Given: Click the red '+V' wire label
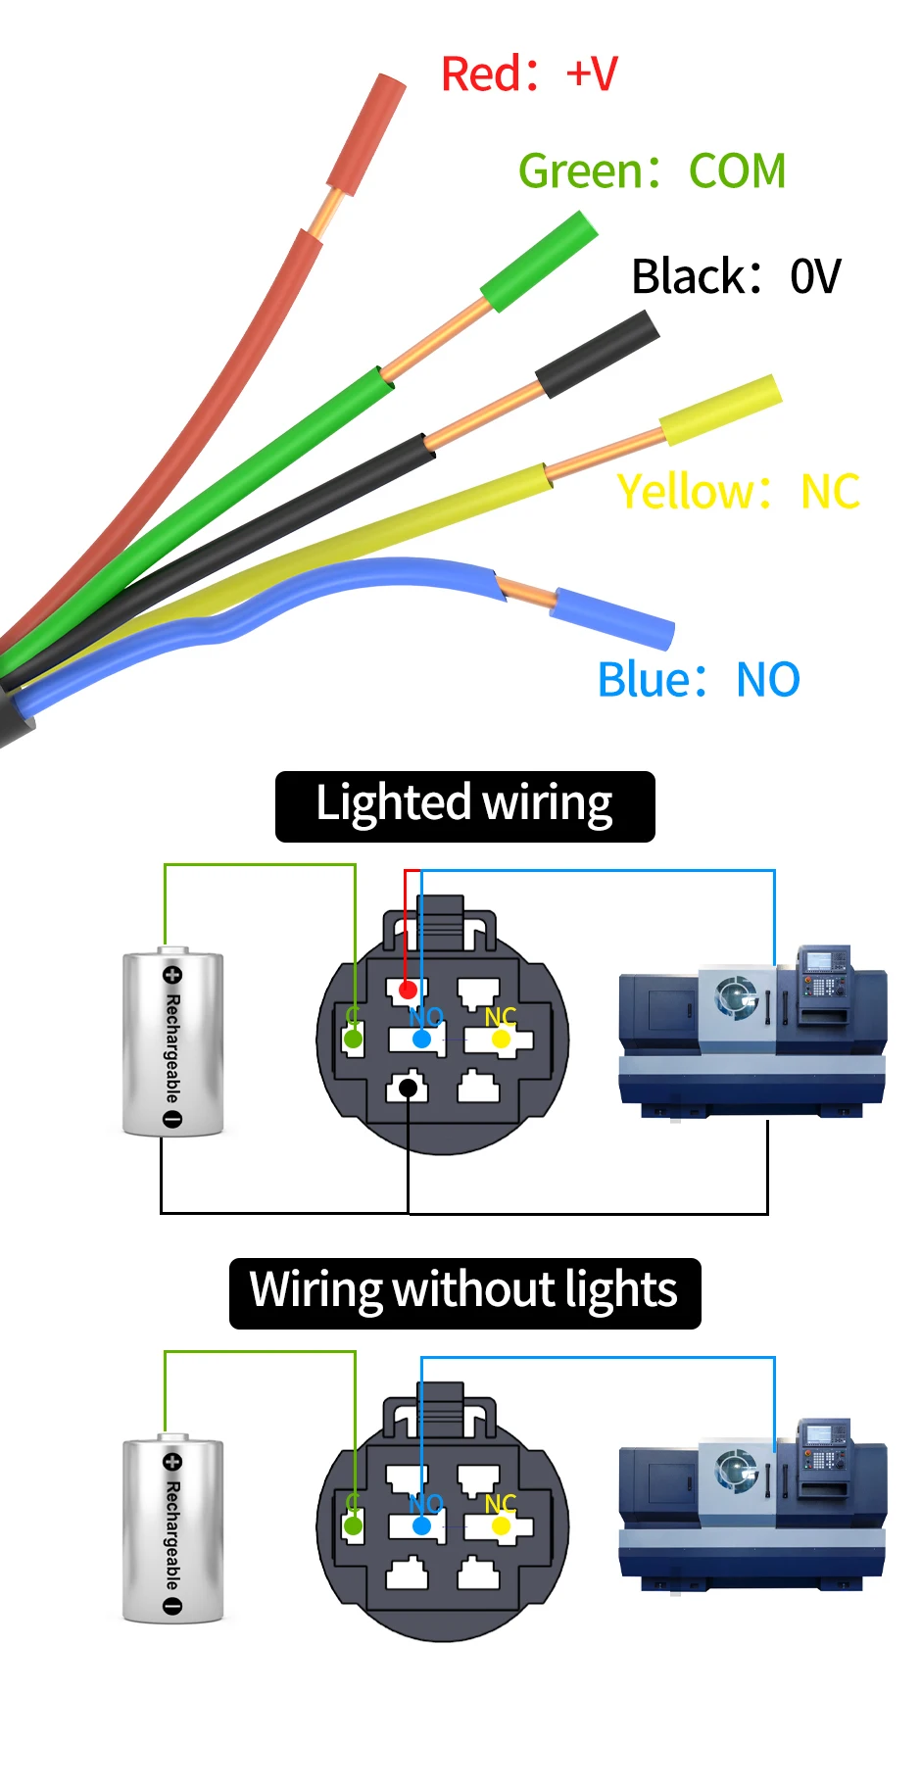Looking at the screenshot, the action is (x=529, y=74).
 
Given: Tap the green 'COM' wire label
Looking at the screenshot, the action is (x=652, y=171).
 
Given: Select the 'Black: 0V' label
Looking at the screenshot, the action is (x=736, y=276).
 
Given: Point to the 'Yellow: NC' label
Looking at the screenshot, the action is (x=738, y=492).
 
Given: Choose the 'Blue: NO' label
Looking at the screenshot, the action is (x=699, y=680).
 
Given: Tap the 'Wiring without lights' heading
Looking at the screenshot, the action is (x=464, y=1292).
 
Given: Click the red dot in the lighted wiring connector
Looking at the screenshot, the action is (x=408, y=991).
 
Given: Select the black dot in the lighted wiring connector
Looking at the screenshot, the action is (x=409, y=1087).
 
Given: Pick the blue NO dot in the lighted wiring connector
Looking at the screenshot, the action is (x=421, y=1039).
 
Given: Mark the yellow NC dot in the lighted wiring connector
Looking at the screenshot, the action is (x=501, y=1039).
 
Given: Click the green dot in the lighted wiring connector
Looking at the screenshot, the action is (x=353, y=1039).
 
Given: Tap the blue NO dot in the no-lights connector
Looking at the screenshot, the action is (x=421, y=1525).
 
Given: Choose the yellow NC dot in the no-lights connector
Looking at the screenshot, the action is (x=501, y=1525).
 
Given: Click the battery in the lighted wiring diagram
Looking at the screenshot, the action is (x=172, y=1042).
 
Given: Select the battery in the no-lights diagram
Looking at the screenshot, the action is (x=172, y=1529).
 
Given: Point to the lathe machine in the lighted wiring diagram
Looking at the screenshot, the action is (x=752, y=1031).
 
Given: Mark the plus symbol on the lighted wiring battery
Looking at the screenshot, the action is (x=172, y=975).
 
